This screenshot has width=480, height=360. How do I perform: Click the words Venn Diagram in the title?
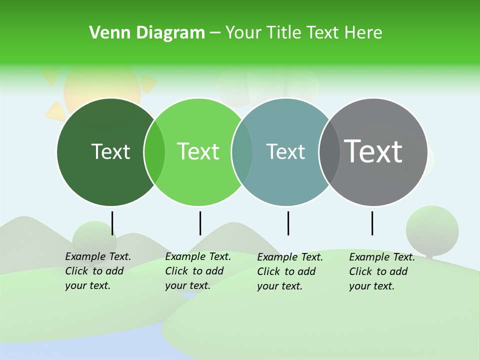147,33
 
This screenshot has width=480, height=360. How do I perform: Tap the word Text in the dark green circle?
110,151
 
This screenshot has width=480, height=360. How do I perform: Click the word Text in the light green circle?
198,151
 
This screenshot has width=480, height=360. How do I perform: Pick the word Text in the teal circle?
285,151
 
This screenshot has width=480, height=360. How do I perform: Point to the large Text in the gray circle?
373,151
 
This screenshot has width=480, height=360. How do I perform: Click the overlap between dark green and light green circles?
154,152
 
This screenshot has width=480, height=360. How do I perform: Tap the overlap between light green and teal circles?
242,152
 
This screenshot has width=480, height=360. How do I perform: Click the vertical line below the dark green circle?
112,223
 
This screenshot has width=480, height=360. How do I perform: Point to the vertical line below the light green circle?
200,223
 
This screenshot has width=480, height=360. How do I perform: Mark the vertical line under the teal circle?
288,223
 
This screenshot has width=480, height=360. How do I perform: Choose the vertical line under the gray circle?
372,223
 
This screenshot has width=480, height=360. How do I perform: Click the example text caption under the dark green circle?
98,271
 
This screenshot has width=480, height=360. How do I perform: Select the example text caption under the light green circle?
198,271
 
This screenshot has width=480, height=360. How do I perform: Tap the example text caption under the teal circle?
290,271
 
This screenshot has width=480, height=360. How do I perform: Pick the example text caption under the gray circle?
382,271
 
